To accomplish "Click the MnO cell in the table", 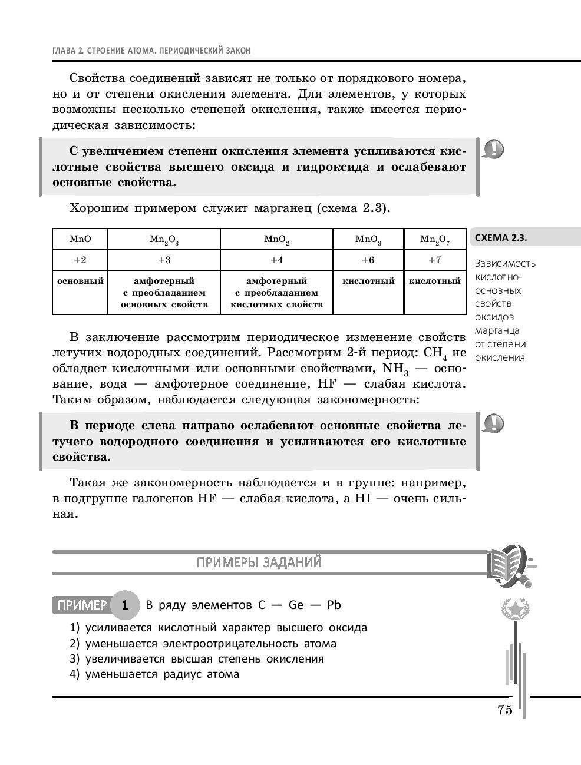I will pos(80,239).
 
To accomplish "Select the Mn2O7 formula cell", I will pos(434,239).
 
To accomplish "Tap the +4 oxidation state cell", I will pos(276,260).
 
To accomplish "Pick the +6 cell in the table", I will pos(368,260).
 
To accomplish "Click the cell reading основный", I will pos(80,281).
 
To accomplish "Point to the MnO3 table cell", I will pos(368,239).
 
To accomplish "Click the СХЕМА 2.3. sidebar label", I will pos(500,238).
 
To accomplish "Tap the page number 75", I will pos(505,710).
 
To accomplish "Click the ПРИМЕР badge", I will pos(81,605).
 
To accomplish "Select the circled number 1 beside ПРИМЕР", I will pos(125,605).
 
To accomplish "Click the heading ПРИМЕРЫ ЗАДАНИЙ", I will pos(259,562).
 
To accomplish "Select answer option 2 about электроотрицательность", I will pos(203,643).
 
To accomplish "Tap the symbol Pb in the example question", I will pos(334,605).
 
